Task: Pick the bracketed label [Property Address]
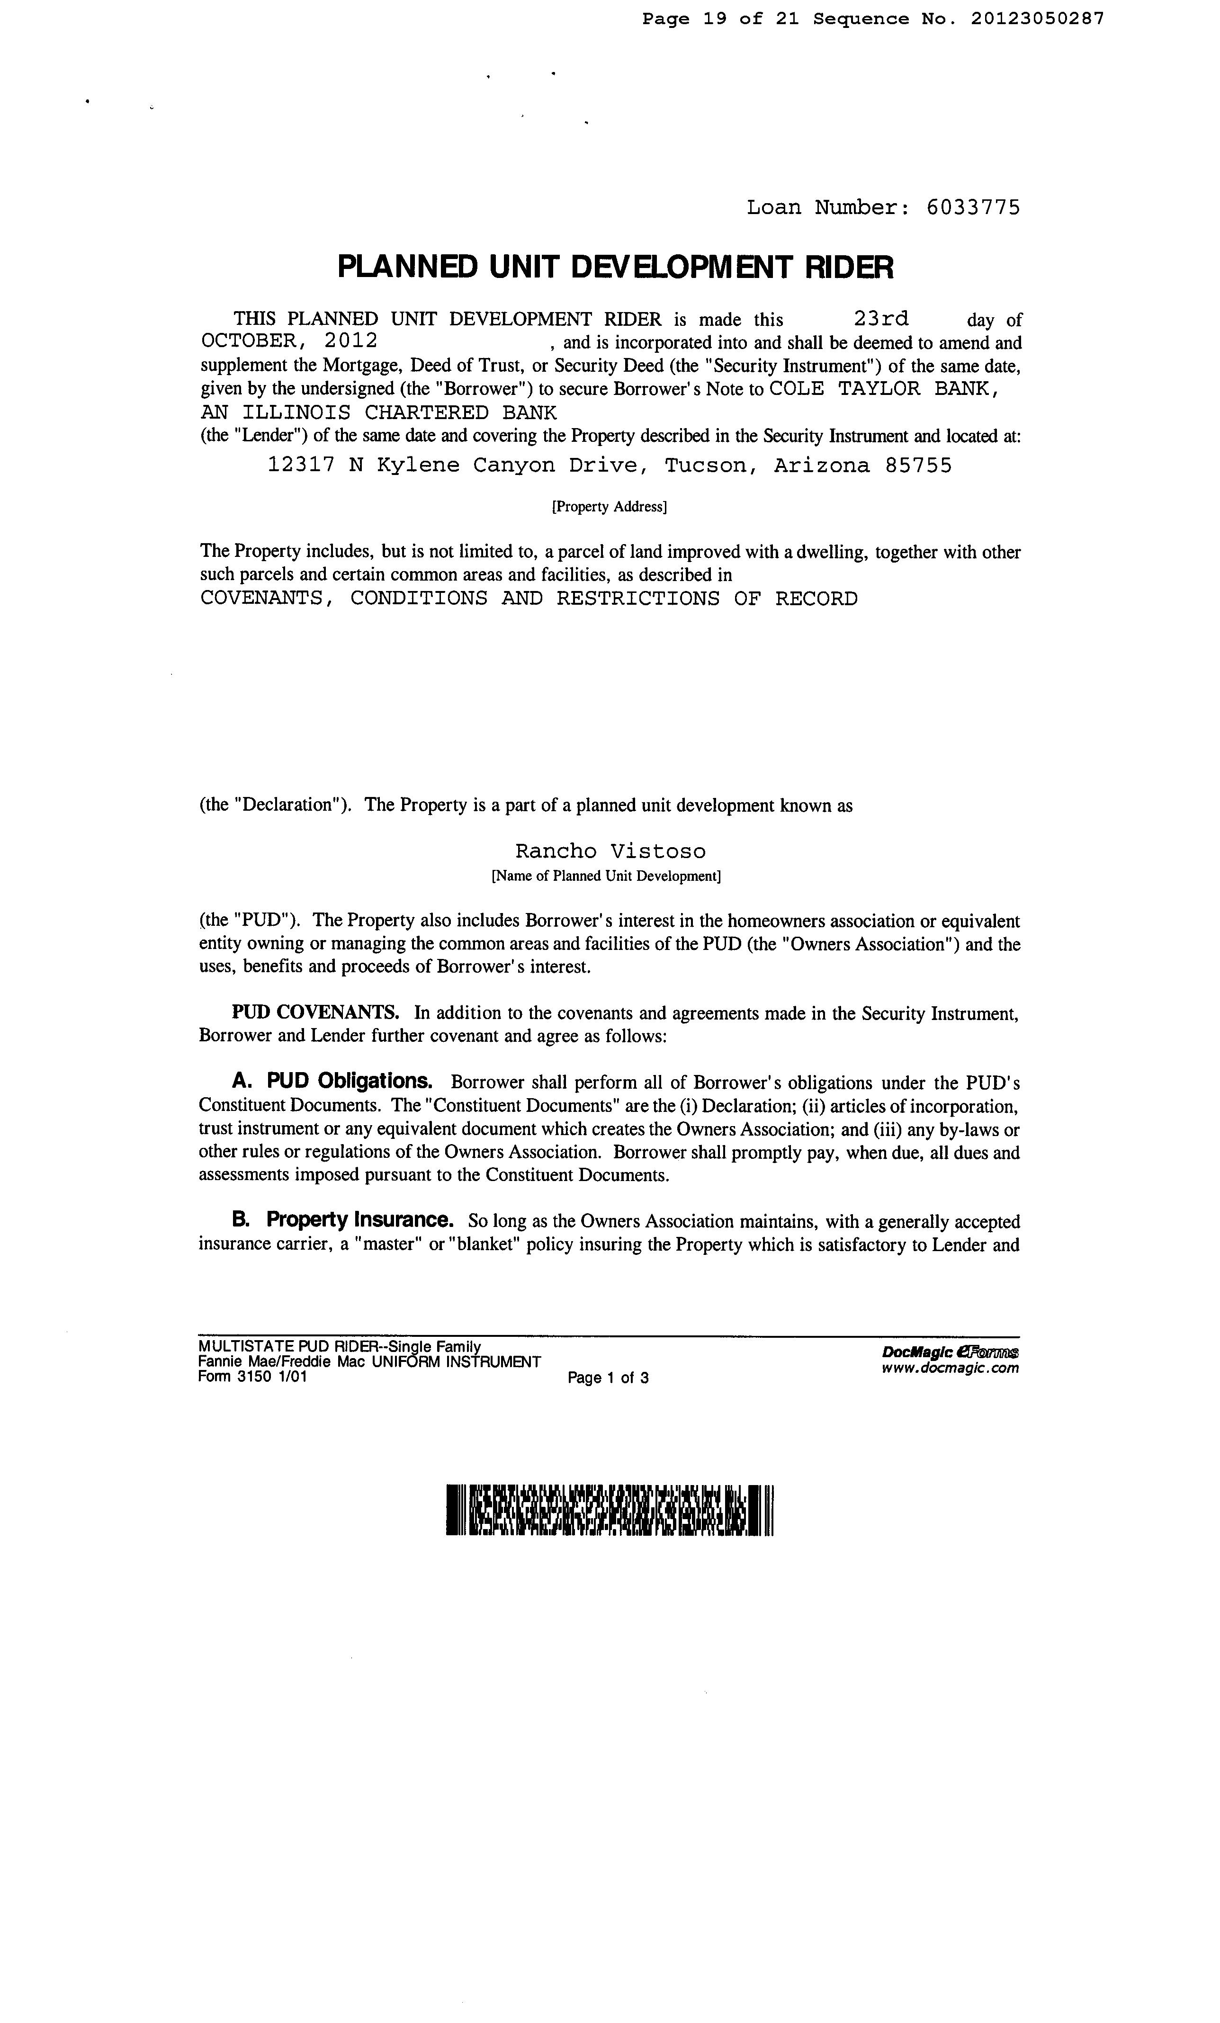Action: pyautogui.click(x=609, y=507)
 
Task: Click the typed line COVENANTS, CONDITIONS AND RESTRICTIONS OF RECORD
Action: pyautogui.click(x=529, y=599)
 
